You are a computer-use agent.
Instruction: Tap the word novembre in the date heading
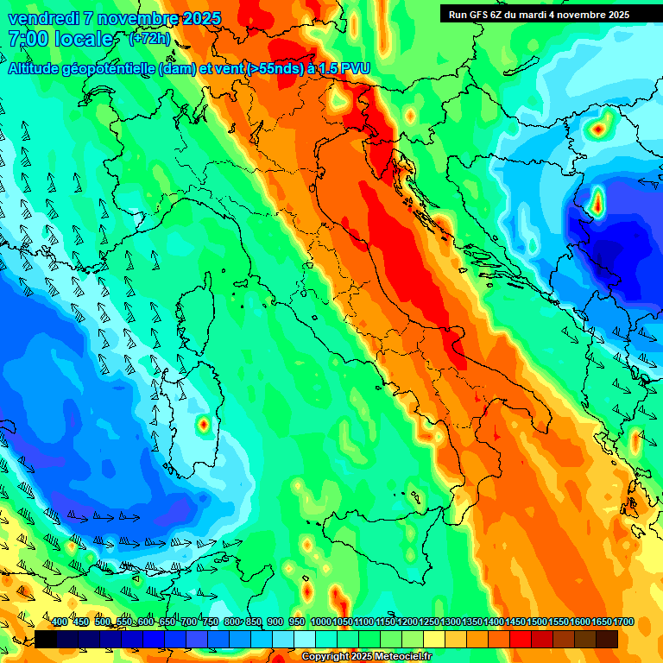pos(131,18)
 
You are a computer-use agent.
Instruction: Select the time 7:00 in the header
pos(27,39)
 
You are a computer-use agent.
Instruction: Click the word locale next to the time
pos(84,39)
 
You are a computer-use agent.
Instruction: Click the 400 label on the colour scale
pos(60,622)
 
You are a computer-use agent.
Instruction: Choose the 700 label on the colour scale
pos(189,622)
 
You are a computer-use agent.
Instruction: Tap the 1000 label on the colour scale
pos(320,622)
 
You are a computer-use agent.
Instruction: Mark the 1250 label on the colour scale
pos(429,622)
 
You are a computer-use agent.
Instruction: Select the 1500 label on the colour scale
pos(537,622)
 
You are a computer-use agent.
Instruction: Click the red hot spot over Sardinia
pos(204,424)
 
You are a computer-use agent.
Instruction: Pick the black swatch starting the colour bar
pos(46,639)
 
